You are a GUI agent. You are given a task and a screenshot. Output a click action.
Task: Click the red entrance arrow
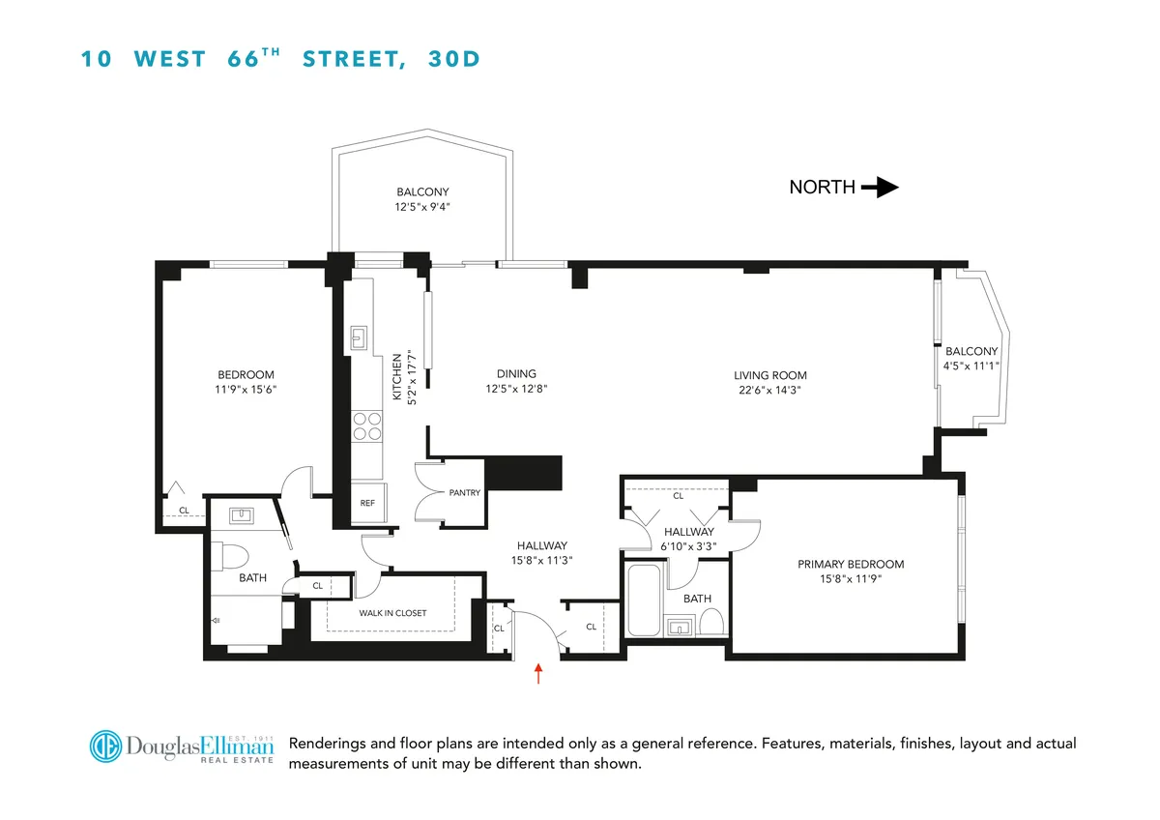539,673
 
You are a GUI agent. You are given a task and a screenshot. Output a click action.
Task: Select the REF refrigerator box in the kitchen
367,503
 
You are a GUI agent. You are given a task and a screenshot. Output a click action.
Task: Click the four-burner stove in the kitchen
366,426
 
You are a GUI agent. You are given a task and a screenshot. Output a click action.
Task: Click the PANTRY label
464,493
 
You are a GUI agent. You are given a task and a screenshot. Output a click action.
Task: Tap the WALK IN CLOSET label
391,613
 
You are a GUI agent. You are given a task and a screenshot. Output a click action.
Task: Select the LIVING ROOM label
769,375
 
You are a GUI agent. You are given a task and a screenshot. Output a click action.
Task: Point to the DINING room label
516,374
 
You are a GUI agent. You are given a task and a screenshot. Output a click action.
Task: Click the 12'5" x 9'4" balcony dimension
422,205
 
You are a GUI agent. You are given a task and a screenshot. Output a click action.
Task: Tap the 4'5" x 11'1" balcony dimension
971,365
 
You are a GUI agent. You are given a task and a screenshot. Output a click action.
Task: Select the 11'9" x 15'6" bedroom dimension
246,389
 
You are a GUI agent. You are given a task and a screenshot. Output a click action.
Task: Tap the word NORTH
822,188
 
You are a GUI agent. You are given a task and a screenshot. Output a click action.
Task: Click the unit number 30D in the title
454,59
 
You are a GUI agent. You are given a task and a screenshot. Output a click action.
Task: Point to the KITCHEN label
396,377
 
